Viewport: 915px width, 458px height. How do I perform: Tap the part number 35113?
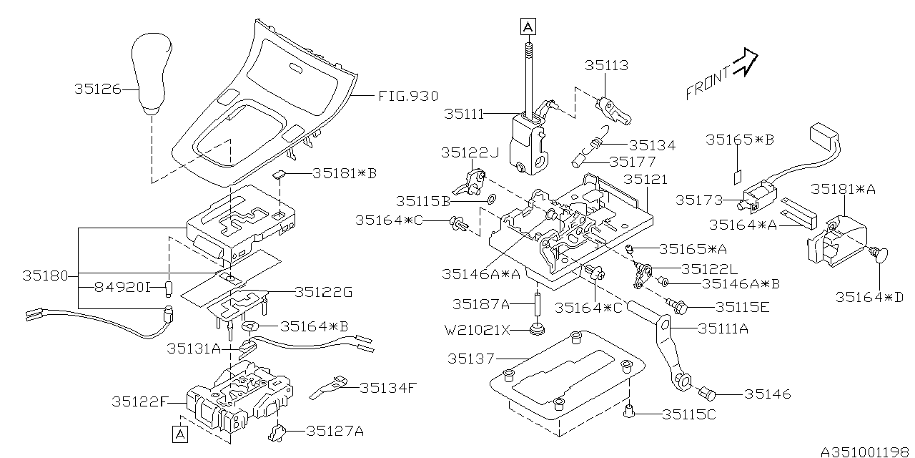coord(606,66)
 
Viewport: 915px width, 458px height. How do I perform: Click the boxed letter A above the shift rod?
coord(528,27)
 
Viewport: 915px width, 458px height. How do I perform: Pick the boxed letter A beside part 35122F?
coord(180,434)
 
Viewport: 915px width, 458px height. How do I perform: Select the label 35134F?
coord(387,388)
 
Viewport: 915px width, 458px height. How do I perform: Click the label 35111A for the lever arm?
coord(723,328)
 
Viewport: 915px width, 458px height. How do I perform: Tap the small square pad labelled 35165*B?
coord(738,175)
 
